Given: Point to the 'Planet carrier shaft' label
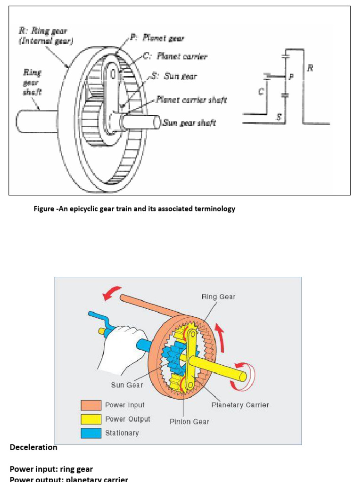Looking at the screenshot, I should (191, 99).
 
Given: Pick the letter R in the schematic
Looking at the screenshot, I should (310, 68).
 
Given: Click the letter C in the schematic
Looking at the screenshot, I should (261, 92).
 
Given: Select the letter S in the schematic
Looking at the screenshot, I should (279, 117).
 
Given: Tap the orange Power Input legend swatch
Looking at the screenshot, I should (91, 405).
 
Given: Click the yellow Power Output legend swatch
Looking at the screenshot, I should (91, 419).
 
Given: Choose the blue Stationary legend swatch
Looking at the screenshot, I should (91, 433).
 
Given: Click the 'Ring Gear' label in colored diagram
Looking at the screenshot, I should (218, 297).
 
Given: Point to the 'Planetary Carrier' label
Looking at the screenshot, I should (240, 405).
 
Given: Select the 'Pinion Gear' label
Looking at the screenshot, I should (189, 421).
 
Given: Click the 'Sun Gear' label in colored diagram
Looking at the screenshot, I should (127, 385).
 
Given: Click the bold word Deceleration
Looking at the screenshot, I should (33, 448).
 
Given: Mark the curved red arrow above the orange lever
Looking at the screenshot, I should (112, 293).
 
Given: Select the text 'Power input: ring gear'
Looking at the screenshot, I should (51, 469).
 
